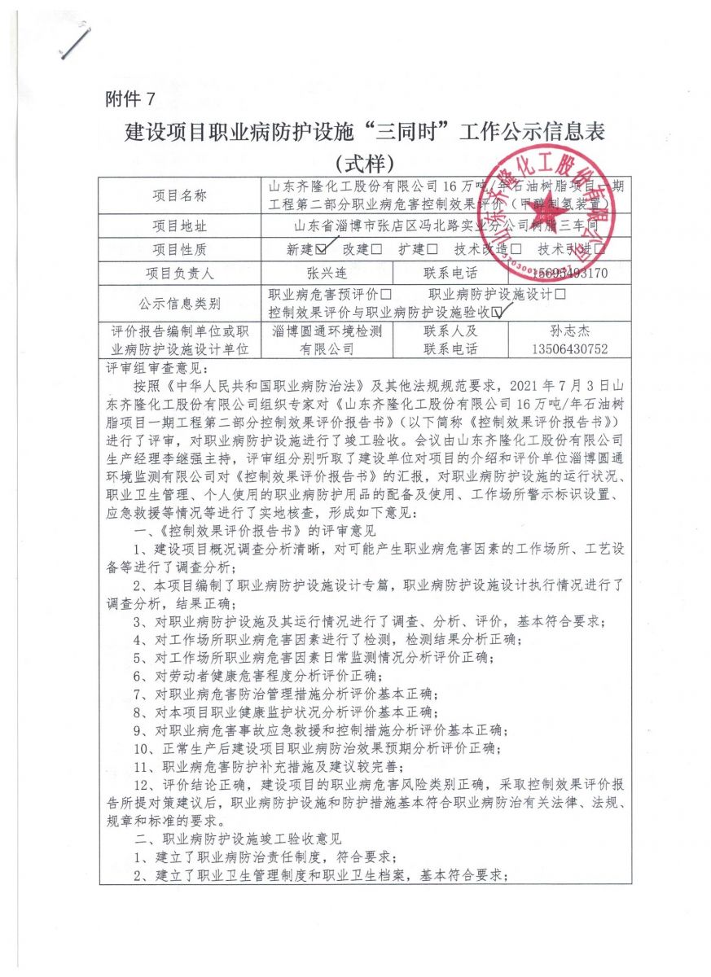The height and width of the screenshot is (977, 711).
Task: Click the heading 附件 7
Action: [129, 99]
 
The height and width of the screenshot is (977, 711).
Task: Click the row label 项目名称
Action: [179, 196]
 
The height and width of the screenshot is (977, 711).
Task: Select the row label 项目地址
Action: [179, 225]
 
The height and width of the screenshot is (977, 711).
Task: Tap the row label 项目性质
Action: [179, 249]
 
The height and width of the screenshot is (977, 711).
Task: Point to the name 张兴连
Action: [323, 274]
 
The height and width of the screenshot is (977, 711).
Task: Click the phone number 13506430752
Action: [568, 349]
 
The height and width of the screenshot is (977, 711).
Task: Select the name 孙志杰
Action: [568, 331]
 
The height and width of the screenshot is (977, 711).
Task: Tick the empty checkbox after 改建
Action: [375, 249]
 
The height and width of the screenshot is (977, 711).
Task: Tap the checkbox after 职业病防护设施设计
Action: [560, 294]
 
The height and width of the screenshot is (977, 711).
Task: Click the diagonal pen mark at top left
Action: [76, 41]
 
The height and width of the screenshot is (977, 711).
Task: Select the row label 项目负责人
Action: [179, 274]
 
